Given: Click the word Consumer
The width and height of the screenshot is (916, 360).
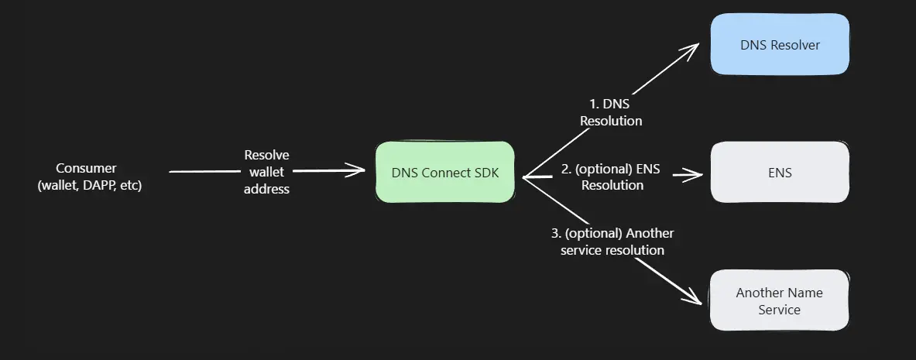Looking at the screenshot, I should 86,168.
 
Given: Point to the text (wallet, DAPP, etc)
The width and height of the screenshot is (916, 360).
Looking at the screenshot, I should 90,186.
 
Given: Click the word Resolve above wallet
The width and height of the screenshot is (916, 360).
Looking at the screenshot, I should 266,155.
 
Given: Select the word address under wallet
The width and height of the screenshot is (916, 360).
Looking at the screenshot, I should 266,189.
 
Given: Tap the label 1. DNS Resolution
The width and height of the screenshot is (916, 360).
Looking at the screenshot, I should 611,112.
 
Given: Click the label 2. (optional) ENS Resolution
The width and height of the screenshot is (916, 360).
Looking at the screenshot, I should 612,177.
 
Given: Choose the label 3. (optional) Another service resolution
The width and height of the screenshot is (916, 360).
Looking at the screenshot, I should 612,242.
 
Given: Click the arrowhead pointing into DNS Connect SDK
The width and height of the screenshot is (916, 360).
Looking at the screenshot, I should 359,170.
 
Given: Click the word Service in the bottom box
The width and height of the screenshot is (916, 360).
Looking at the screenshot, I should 779,310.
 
